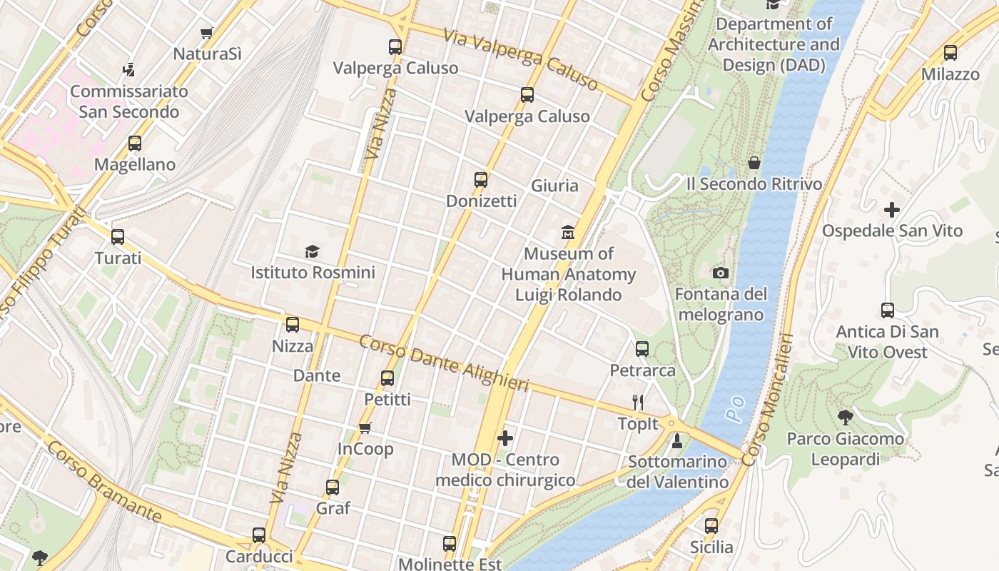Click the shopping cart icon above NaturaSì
206,33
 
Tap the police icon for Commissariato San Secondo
128,70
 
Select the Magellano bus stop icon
135,143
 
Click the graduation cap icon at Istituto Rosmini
312,251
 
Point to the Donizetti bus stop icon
481,180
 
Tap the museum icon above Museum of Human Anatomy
568,233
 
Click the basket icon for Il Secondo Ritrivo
754,163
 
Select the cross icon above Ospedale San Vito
891,210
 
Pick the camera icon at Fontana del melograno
721,273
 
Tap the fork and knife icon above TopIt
638,403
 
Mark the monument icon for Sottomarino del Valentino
677,441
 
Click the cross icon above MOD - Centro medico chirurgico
505,438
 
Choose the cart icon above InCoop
365,428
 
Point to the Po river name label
735,408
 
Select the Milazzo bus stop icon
950,53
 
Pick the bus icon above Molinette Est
450,544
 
